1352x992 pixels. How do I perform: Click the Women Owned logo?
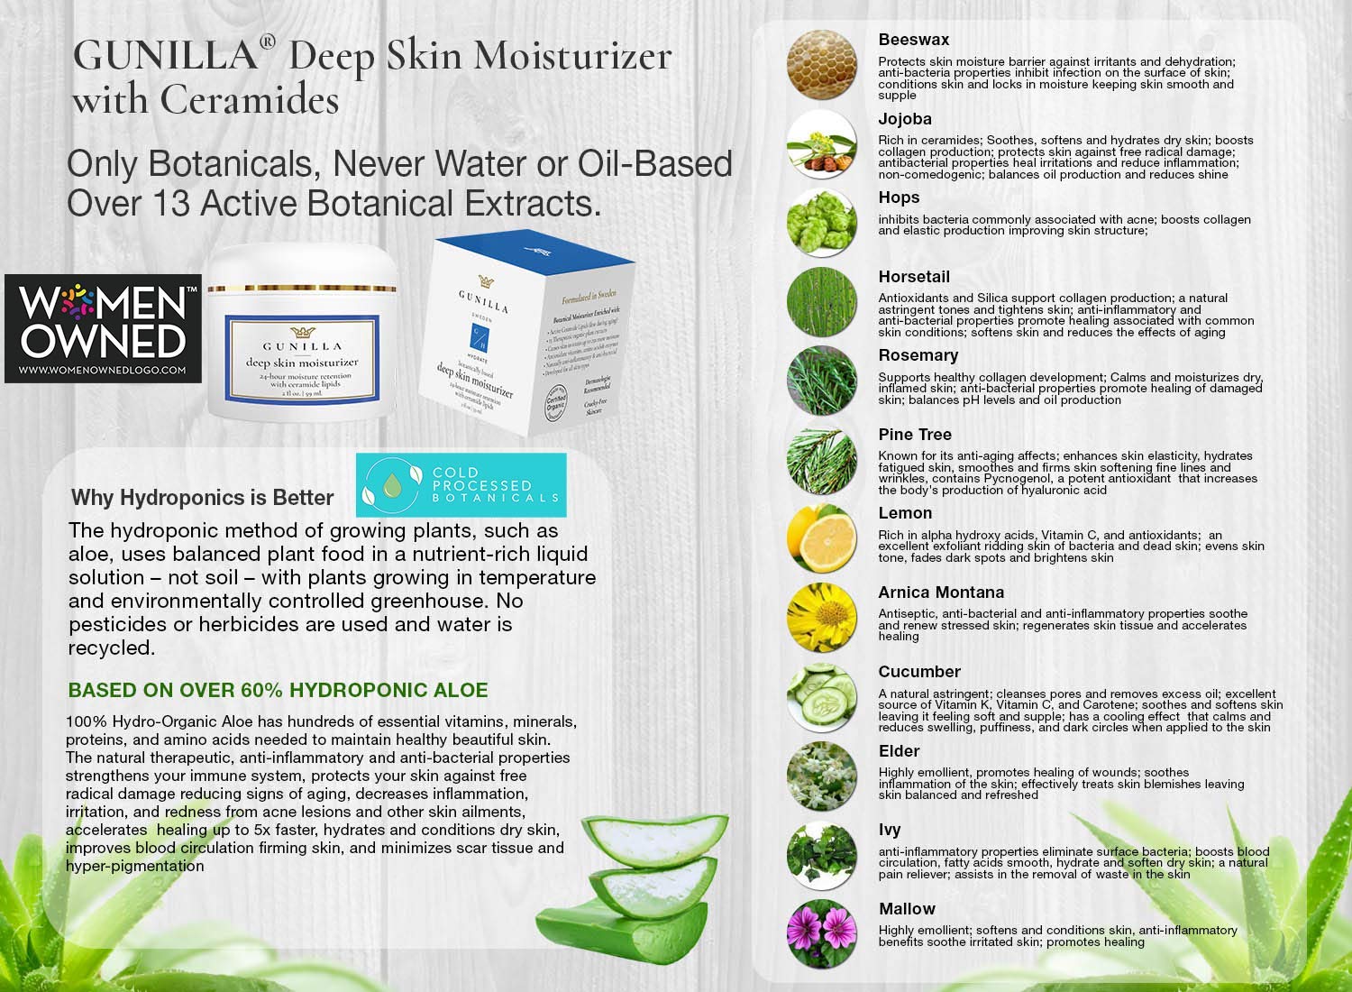point(103,328)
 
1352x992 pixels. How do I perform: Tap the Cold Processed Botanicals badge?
point(461,485)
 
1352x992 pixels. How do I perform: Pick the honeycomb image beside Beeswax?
point(821,65)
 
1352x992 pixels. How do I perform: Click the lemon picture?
point(821,538)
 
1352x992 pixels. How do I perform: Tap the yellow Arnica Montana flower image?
point(821,618)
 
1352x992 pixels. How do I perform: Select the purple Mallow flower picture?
point(821,933)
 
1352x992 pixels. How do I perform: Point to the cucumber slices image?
point(821,696)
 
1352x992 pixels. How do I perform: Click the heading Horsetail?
point(914,277)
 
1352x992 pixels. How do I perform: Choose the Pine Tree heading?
point(915,435)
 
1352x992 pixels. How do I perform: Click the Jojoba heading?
point(905,119)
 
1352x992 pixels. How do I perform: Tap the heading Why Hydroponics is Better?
point(202,498)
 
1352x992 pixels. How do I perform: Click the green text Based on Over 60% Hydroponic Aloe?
point(278,691)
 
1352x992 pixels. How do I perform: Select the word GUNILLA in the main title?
point(165,56)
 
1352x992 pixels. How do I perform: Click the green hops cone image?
point(821,223)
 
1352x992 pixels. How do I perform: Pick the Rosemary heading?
point(918,355)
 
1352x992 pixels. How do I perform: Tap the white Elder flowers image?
point(821,776)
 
